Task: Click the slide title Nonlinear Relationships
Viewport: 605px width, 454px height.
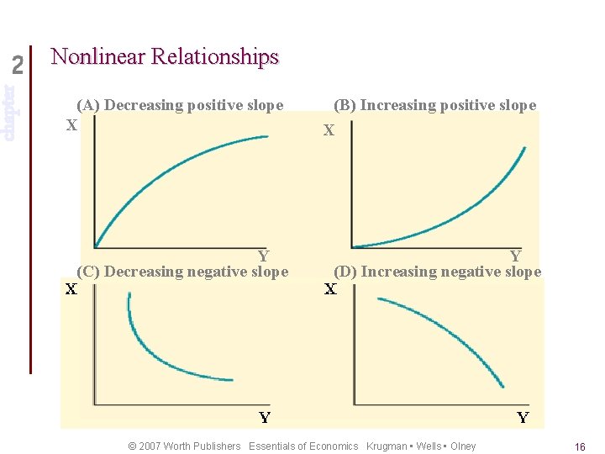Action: click(x=164, y=57)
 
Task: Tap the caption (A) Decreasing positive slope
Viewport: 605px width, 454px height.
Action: click(x=180, y=105)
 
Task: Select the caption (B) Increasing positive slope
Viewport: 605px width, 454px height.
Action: click(x=434, y=105)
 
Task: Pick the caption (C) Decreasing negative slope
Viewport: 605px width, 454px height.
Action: click(x=182, y=272)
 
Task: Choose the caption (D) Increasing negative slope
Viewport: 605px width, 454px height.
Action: click(x=437, y=272)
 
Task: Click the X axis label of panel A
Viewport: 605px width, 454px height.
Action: click(x=72, y=124)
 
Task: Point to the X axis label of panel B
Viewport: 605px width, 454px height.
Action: click(x=329, y=130)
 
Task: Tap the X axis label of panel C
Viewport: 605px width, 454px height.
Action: click(x=72, y=290)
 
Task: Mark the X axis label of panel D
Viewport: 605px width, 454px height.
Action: click(x=330, y=290)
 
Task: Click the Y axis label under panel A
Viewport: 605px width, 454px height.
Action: click(x=263, y=256)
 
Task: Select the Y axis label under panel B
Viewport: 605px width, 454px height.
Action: click(x=515, y=256)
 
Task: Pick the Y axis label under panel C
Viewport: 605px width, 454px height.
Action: click(x=265, y=418)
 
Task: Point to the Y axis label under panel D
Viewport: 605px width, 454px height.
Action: click(x=523, y=418)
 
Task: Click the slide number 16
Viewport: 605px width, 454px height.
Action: click(x=580, y=447)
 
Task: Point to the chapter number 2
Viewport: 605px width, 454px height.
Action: click(x=18, y=65)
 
